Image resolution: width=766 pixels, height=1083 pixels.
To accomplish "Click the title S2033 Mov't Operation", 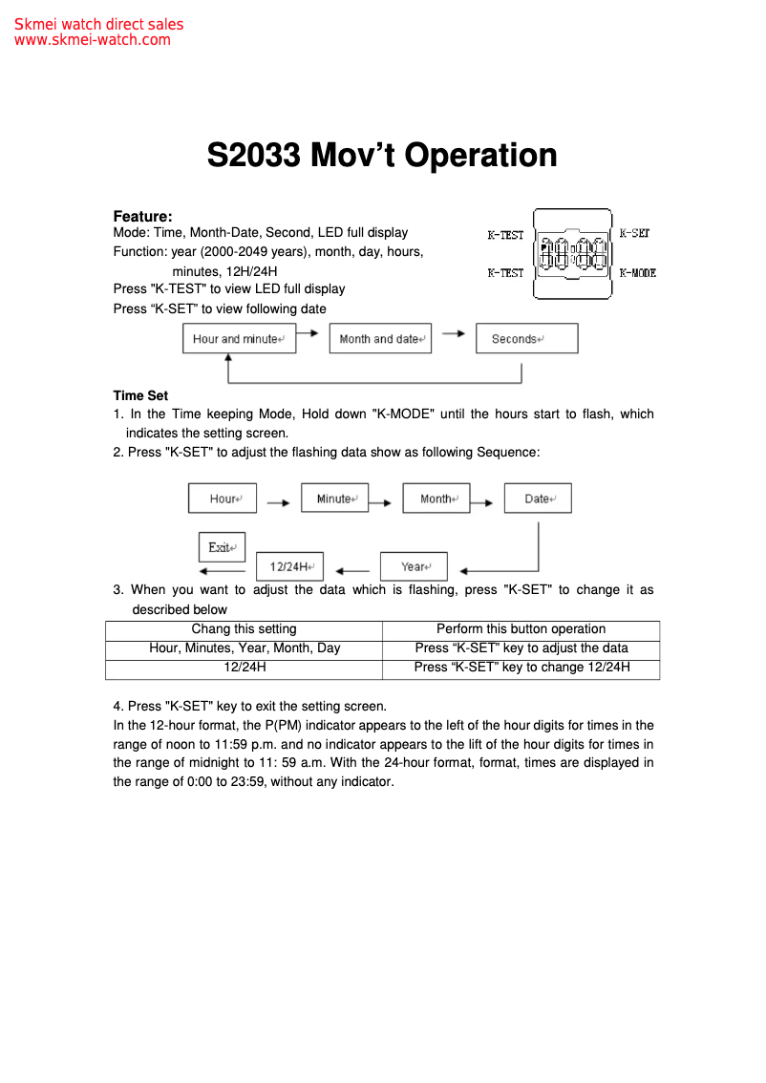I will tap(382, 156).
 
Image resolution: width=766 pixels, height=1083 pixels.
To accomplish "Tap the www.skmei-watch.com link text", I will tap(93, 40).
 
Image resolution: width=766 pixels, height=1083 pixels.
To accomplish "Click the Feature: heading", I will tap(142, 217).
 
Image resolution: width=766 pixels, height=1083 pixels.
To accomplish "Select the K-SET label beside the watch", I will tap(634, 233).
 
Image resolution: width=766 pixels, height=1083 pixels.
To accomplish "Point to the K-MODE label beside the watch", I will tap(637, 273).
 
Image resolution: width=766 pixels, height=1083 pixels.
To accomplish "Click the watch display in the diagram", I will tap(572, 254).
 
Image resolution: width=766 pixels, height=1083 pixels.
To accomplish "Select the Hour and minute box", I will tap(239, 339).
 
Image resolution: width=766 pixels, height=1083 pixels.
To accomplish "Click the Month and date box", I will tap(380, 339).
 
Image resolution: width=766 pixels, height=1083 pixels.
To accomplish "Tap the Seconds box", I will tap(526, 339).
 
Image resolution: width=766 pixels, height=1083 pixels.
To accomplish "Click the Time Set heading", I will tap(140, 395).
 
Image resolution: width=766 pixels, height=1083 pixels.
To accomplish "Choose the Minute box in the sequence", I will tap(334, 499).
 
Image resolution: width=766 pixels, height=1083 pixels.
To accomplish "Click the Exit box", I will tap(222, 547).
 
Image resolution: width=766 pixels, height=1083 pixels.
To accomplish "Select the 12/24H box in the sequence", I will tap(289, 566).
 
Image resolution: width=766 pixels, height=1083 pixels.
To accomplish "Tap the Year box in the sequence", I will tap(414, 566).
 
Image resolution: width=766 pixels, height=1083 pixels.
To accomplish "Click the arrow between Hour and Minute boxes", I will tap(278, 500).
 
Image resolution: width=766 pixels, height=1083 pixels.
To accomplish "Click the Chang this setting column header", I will tap(244, 629).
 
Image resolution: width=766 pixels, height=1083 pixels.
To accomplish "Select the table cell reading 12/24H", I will tap(244, 668).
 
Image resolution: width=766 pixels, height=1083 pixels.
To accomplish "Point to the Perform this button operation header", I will tap(521, 629).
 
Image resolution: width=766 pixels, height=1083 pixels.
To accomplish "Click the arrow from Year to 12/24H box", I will tap(353, 570).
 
